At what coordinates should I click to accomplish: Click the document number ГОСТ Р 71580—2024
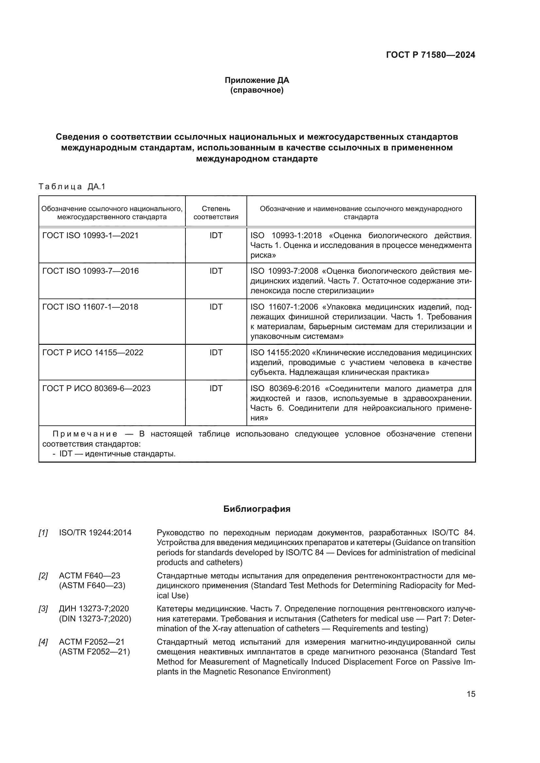[x=430, y=55]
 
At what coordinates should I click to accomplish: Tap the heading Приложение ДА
[x=257, y=80]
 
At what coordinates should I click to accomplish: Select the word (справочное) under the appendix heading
[x=257, y=90]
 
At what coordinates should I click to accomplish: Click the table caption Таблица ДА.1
[x=72, y=187]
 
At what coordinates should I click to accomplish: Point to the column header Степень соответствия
[x=216, y=213]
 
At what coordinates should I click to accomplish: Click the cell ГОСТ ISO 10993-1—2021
[x=90, y=236]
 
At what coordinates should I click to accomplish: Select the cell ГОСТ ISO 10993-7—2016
[x=90, y=271]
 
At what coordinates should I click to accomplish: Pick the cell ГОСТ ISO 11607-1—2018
[x=90, y=307]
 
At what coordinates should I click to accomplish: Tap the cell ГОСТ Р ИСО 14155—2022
[x=93, y=353]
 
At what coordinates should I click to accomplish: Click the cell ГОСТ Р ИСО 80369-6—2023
[x=96, y=389]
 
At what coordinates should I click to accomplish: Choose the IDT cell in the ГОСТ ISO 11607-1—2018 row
[x=216, y=307]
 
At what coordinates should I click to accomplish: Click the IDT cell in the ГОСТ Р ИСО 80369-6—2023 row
[x=216, y=389]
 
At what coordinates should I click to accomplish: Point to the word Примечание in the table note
[x=85, y=434]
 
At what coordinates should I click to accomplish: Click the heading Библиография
[x=257, y=509]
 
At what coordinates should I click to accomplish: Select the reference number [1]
[x=43, y=533]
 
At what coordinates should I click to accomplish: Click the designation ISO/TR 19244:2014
[x=95, y=533]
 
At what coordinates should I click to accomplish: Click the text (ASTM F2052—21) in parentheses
[x=94, y=652]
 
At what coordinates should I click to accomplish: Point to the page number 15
[x=471, y=694]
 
